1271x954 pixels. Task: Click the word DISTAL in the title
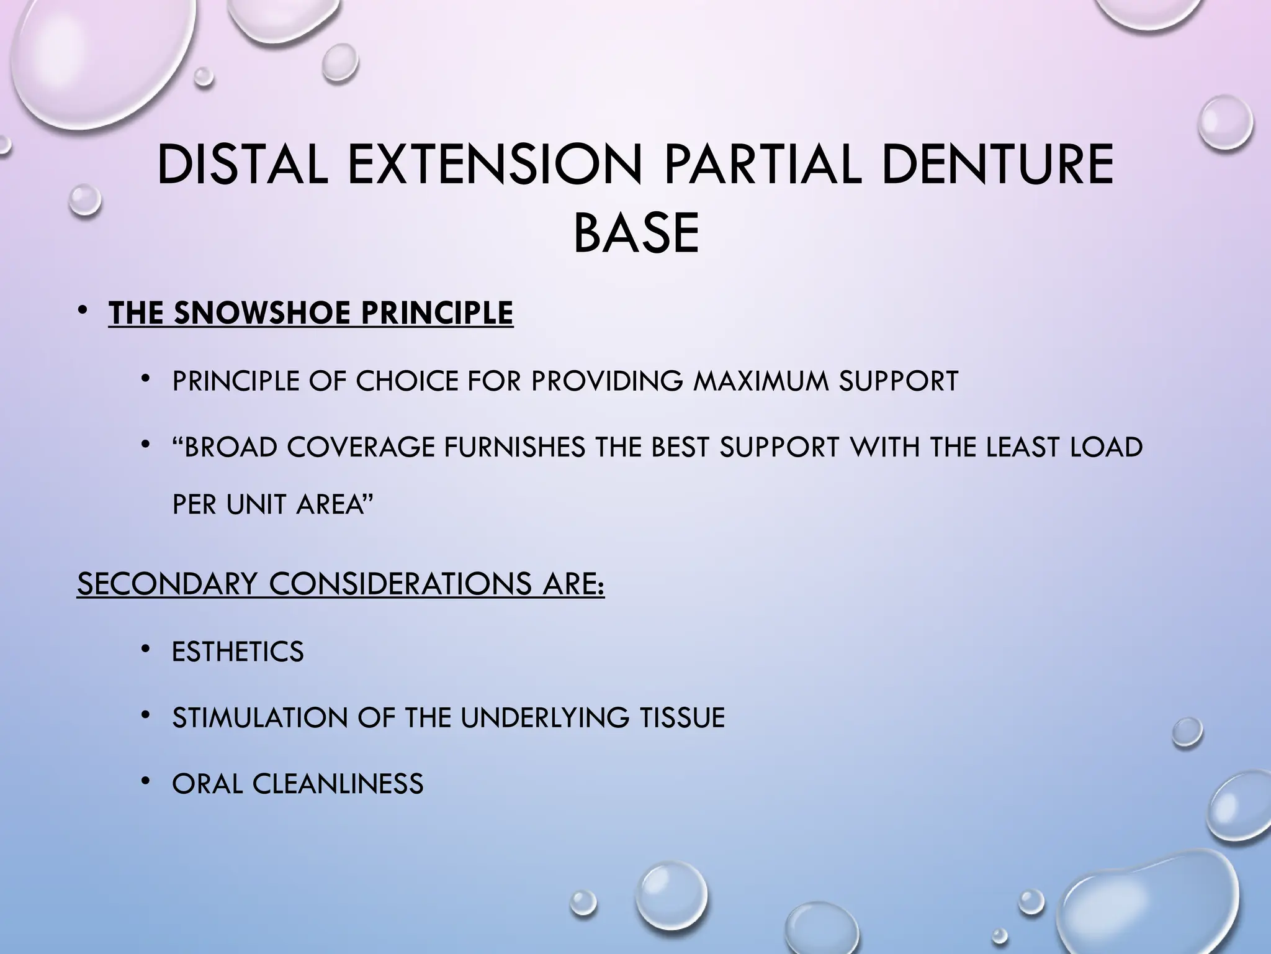click(x=242, y=165)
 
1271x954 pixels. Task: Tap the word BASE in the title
click(x=636, y=234)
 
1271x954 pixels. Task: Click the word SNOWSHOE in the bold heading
click(x=264, y=313)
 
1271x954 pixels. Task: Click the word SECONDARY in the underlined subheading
click(x=166, y=584)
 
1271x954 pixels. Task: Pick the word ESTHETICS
click(x=238, y=652)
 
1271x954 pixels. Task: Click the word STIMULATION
click(x=260, y=718)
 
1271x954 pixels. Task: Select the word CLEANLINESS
click(x=338, y=784)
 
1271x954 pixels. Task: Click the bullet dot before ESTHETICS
click(x=145, y=650)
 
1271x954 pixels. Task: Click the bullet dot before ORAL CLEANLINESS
click(x=145, y=781)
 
